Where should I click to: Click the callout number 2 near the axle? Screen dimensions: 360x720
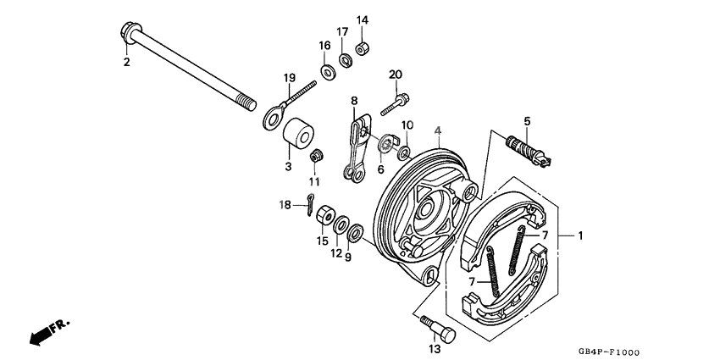click(125, 62)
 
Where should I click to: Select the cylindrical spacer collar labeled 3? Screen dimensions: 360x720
click(297, 135)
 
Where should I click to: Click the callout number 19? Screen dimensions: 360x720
click(289, 79)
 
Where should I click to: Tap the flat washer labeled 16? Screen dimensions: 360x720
click(327, 67)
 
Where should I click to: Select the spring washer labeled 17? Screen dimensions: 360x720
click(346, 59)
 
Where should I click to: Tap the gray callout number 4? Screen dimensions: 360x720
click(438, 130)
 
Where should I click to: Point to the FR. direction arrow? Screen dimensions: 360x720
click(49, 332)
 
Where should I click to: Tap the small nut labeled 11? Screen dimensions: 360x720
click(315, 155)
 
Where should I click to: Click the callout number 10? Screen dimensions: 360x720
click(407, 125)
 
